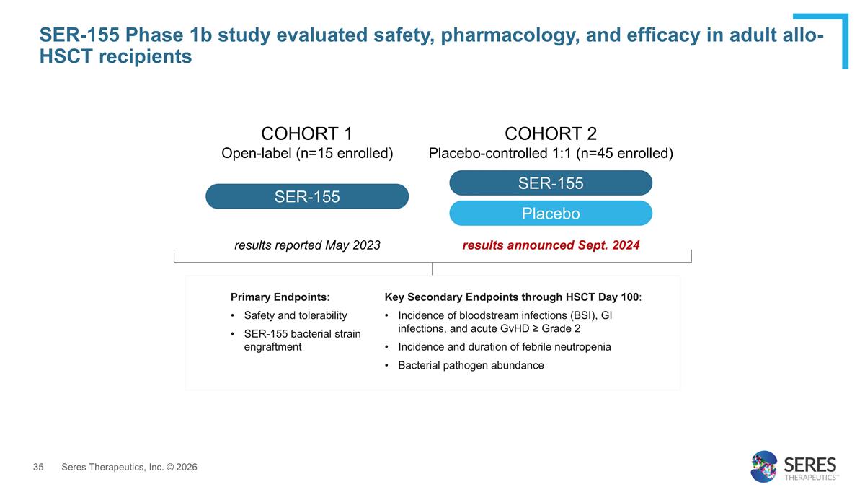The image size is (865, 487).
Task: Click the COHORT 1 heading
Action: [x=306, y=133]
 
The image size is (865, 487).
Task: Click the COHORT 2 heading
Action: [x=551, y=133]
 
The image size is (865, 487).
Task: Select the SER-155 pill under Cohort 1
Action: [x=307, y=196]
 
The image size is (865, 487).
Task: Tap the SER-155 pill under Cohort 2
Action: [x=551, y=183]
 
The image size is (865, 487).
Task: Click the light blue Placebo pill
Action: [x=551, y=214]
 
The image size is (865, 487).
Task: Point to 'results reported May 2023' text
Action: [x=307, y=245]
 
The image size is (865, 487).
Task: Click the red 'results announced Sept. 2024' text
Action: [x=551, y=245]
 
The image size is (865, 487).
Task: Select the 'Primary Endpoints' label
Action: [x=278, y=297]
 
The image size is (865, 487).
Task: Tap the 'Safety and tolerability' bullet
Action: [x=296, y=315]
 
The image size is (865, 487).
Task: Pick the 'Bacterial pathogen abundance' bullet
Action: [x=471, y=365]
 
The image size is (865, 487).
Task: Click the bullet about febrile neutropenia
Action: [x=504, y=347]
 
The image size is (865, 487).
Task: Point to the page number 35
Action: [x=39, y=468]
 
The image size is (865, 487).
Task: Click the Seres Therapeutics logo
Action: [x=793, y=466]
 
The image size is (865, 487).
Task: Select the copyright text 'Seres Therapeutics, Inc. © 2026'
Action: [x=129, y=468]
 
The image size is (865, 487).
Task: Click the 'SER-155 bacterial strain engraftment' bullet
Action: [x=302, y=340]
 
